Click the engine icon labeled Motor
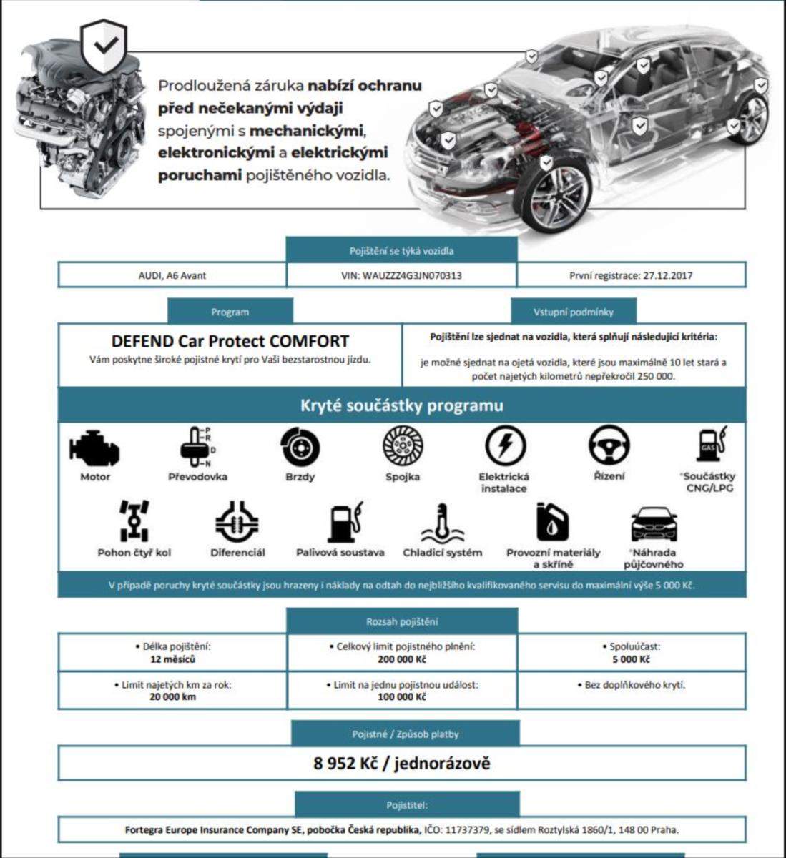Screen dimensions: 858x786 pyautogui.click(x=94, y=449)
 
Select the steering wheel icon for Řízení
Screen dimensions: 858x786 pyautogui.click(x=609, y=445)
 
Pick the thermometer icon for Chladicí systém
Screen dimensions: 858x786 pyautogui.click(x=442, y=523)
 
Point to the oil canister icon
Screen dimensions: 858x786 pyautogui.click(x=552, y=522)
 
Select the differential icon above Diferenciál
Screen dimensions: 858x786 pyautogui.click(x=237, y=522)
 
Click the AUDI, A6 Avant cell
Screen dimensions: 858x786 pyautogui.click(x=172, y=275)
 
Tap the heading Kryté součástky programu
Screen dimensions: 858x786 pyautogui.click(x=401, y=405)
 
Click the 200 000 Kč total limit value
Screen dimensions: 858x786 pyautogui.click(x=402, y=659)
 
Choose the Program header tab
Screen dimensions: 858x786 pyautogui.click(x=230, y=312)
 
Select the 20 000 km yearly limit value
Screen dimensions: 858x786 pyautogui.click(x=172, y=696)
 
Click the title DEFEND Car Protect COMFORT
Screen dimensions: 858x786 pyautogui.click(x=230, y=341)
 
